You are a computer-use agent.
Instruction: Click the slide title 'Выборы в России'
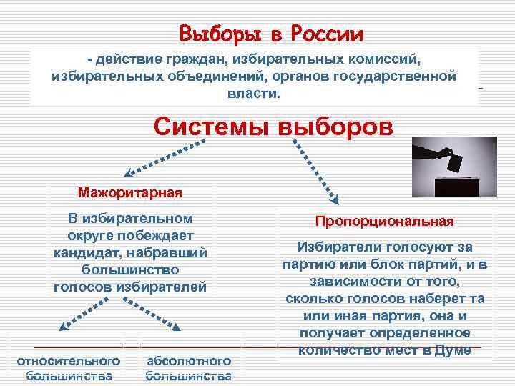(272, 34)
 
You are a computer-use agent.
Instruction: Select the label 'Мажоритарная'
(130, 192)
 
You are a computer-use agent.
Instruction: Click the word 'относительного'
(68, 361)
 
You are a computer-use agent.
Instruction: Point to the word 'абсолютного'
(188, 361)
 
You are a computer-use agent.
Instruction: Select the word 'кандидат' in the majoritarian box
(83, 253)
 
